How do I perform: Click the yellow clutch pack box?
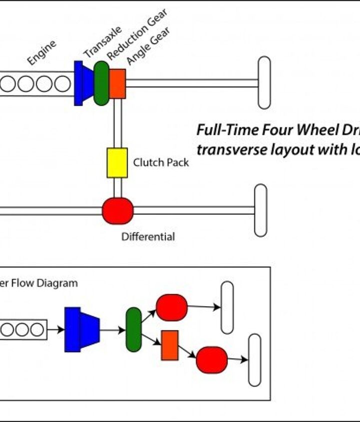click(x=117, y=163)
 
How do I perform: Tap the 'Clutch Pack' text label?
click(x=161, y=162)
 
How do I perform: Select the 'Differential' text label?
click(x=148, y=237)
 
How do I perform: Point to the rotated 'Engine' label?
click(x=41, y=52)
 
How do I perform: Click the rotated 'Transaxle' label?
click(x=102, y=43)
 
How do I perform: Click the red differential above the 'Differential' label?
click(x=117, y=211)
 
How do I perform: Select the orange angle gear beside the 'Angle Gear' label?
click(x=117, y=84)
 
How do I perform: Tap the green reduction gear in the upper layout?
click(x=101, y=83)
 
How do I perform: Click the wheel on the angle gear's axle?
click(x=264, y=83)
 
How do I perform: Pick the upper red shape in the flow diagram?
click(x=171, y=307)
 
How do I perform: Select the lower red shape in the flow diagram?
click(x=211, y=361)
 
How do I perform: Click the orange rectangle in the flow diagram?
click(x=169, y=345)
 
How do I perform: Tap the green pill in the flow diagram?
click(x=133, y=330)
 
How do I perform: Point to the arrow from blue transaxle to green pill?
click(x=112, y=330)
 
